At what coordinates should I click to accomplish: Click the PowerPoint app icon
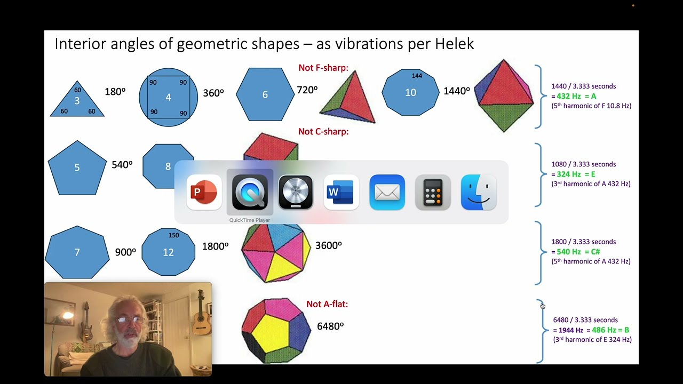click(x=204, y=193)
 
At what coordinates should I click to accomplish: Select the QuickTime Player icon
click(x=250, y=193)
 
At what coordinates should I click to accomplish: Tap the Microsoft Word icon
click(x=341, y=193)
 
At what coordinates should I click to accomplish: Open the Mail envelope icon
click(x=387, y=193)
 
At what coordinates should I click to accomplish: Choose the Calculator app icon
click(x=433, y=193)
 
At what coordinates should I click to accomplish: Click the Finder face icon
click(x=479, y=193)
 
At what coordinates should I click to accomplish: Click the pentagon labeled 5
click(x=77, y=168)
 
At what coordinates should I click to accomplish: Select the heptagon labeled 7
click(x=77, y=252)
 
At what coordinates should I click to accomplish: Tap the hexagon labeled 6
click(x=265, y=94)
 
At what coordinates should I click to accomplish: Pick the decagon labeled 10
click(x=410, y=92)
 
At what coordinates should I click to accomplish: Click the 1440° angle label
click(x=456, y=91)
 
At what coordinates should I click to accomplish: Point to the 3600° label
click(x=328, y=245)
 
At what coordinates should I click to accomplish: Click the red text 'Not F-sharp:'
click(x=323, y=68)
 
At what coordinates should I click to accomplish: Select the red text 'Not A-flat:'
click(x=327, y=304)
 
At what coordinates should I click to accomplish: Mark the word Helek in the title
click(x=454, y=44)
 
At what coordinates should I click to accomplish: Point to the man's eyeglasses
click(x=130, y=319)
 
